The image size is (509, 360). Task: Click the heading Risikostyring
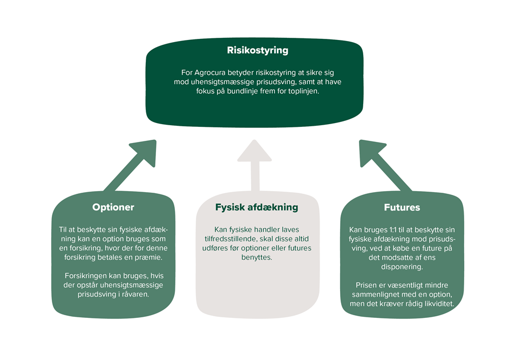click(x=257, y=51)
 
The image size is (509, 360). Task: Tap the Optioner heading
click(x=113, y=207)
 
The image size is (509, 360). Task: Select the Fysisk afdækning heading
click(x=256, y=207)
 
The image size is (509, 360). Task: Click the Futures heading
click(x=402, y=207)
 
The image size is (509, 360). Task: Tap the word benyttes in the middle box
click(x=256, y=258)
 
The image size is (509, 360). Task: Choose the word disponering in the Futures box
click(x=402, y=267)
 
